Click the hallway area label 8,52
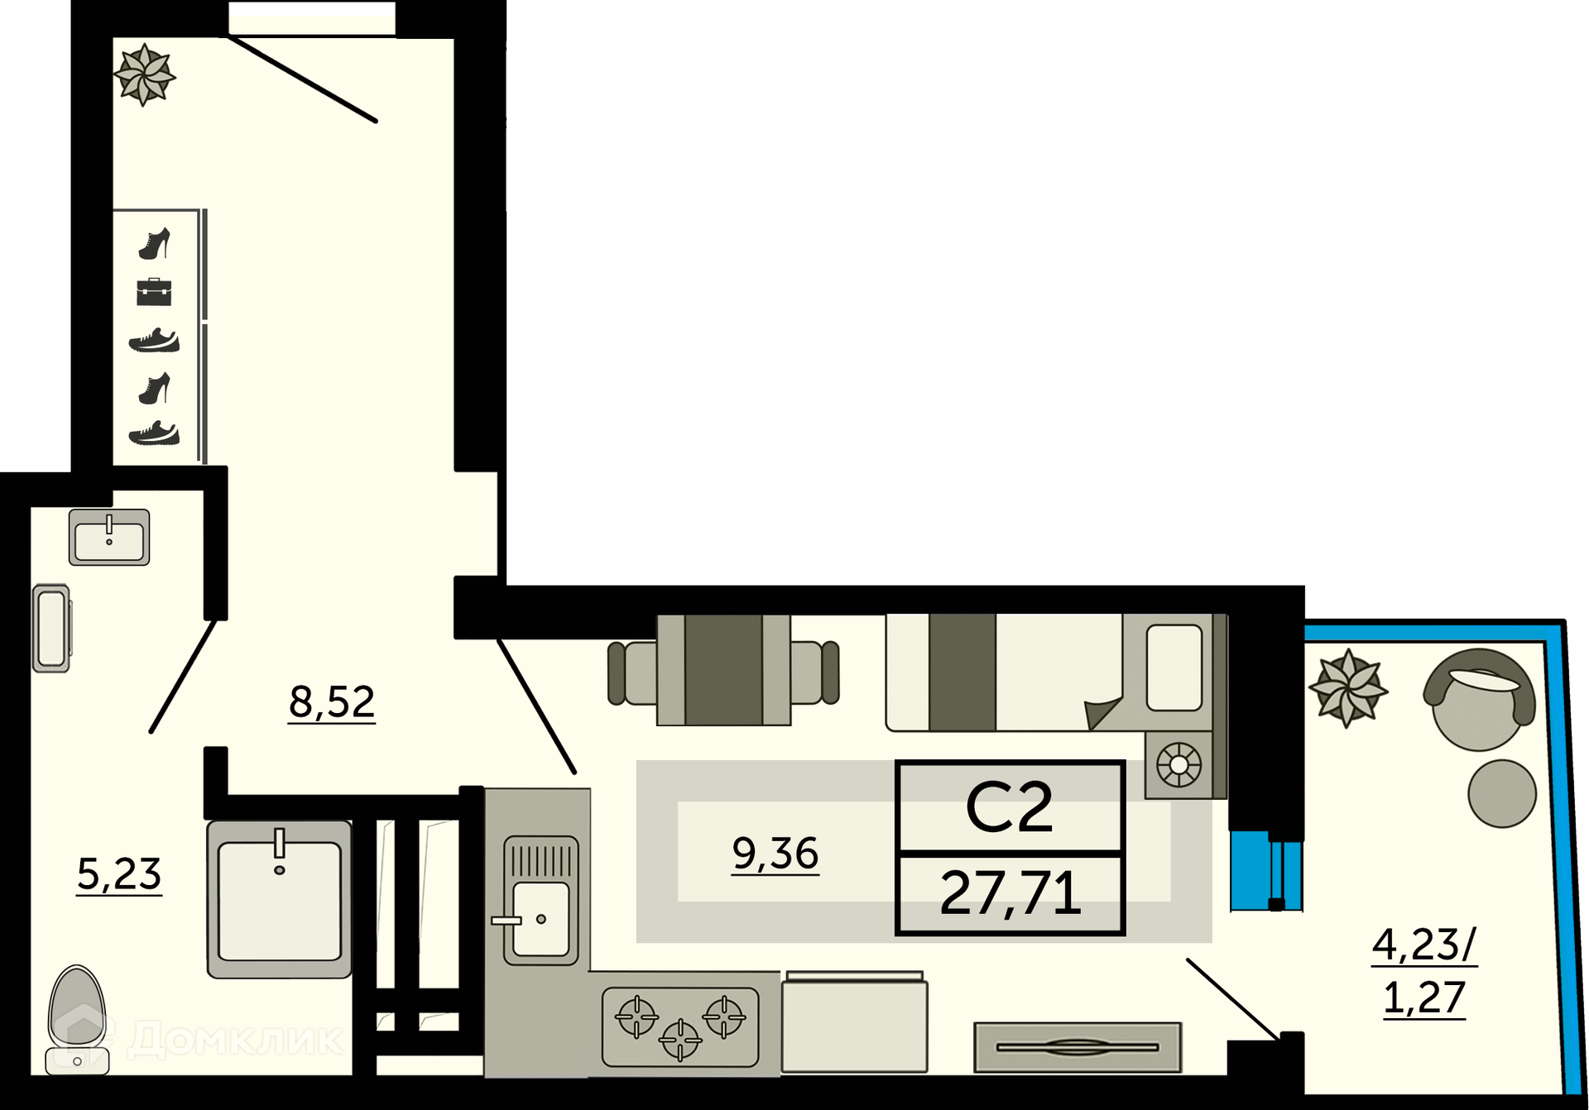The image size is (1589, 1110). coord(332,702)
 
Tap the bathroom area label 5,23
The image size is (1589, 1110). coord(119,874)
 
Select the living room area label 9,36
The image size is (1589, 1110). coord(775,853)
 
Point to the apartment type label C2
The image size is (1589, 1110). coord(1009,806)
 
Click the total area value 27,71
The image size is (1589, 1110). coord(1011,893)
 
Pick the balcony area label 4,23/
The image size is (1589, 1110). coord(1424,945)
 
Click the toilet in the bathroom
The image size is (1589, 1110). coord(77,1020)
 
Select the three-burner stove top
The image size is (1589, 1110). coord(680,1026)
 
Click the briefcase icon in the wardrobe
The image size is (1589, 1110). coord(154,292)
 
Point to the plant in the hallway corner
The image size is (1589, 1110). coord(144,74)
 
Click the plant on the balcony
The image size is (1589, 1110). coord(1348,688)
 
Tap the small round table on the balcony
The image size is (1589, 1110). coord(1502,793)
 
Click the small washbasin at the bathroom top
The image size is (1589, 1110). coord(109,537)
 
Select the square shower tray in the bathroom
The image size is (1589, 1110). coord(279,899)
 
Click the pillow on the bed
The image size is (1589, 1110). coord(1174,667)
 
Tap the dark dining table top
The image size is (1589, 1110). coord(723,669)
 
